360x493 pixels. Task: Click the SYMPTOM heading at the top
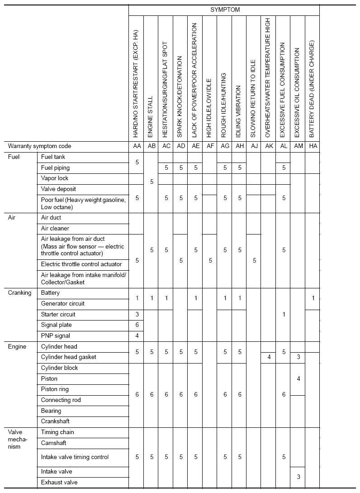pos(225,10)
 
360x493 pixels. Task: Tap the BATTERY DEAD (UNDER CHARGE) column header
pos(312,89)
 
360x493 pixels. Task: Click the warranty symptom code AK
pos(268,146)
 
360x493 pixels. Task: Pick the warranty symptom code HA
pos(312,146)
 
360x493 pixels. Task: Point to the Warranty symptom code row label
pos(40,146)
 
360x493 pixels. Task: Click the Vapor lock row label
pos(55,178)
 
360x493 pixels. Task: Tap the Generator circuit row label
pos(63,304)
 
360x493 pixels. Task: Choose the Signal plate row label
pos(57,325)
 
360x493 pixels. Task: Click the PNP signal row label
pos(56,336)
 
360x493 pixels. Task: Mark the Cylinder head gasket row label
pos(69,357)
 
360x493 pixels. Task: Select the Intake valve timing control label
pos(75,457)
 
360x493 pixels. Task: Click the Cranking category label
pos(20,293)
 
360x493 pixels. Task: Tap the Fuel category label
pos(14,157)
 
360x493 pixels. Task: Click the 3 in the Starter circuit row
pos(137,315)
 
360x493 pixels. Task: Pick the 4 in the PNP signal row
pos(137,336)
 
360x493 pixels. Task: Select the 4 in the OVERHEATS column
pos(268,357)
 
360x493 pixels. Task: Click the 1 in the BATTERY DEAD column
pos(312,298)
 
